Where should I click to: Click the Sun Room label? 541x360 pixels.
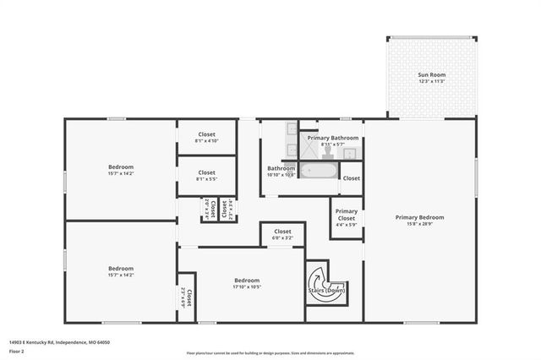tap(431, 75)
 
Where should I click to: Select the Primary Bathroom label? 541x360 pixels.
tap(333, 138)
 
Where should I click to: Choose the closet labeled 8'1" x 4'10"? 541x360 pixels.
tap(206, 134)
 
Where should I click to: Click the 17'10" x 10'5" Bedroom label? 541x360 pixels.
tap(247, 281)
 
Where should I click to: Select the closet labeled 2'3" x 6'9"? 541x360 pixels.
tap(187, 297)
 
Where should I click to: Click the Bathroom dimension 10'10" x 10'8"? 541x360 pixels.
tap(281, 175)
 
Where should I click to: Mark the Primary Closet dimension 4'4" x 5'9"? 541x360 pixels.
tap(346, 224)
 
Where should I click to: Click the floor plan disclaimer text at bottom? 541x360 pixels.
tap(270, 352)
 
